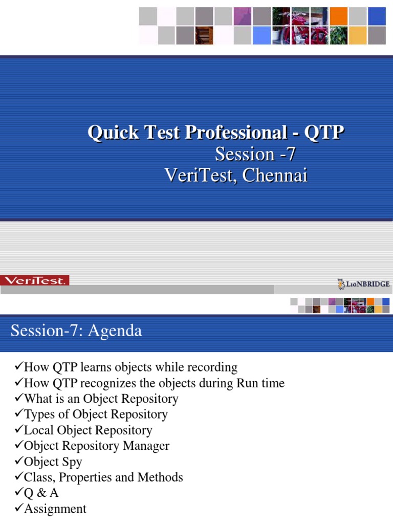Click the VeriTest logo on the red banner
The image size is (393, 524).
tap(34, 280)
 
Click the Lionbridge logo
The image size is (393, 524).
tap(363, 283)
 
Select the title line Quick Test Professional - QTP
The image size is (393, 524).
tap(215, 133)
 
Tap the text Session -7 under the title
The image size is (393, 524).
tap(255, 154)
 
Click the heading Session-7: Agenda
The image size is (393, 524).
tap(76, 331)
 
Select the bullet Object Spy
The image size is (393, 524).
tap(53, 462)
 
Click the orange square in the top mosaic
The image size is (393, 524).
tap(338, 16)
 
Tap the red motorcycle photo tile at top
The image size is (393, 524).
tap(300, 35)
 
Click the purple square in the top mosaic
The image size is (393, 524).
tap(243, 16)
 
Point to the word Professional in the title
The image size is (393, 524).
tap(235, 133)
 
